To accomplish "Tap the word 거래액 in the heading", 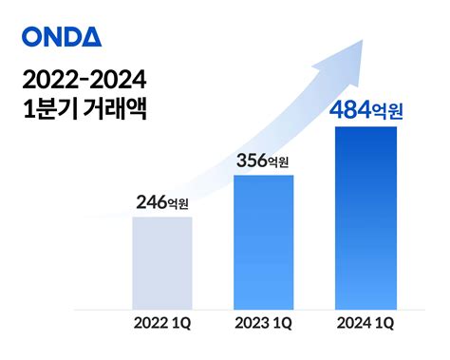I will (116, 107).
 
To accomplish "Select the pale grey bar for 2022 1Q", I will (162, 262).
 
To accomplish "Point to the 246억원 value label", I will (162, 201).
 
